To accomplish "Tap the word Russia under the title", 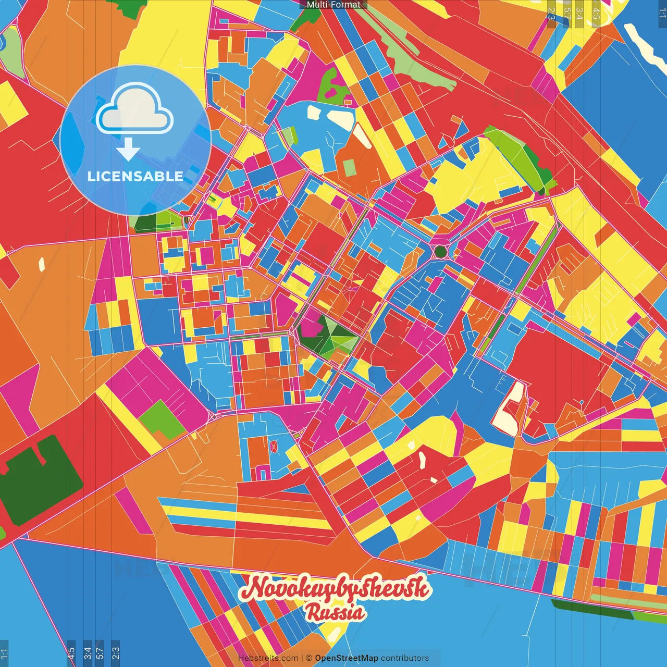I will [335, 612].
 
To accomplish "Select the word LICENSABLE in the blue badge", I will [135, 176].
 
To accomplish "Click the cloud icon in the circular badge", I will [134, 114].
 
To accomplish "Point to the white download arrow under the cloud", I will [128, 151].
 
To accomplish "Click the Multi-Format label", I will [333, 5].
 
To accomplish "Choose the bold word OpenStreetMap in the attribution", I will [347, 658].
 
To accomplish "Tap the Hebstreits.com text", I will [268, 658].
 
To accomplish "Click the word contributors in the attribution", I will [405, 658].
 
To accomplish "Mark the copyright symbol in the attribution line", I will [308, 658].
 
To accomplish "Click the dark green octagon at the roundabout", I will [440, 252].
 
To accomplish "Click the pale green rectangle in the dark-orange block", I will [350, 167].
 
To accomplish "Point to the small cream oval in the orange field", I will [41, 265].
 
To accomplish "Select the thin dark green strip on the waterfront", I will [591, 609].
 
